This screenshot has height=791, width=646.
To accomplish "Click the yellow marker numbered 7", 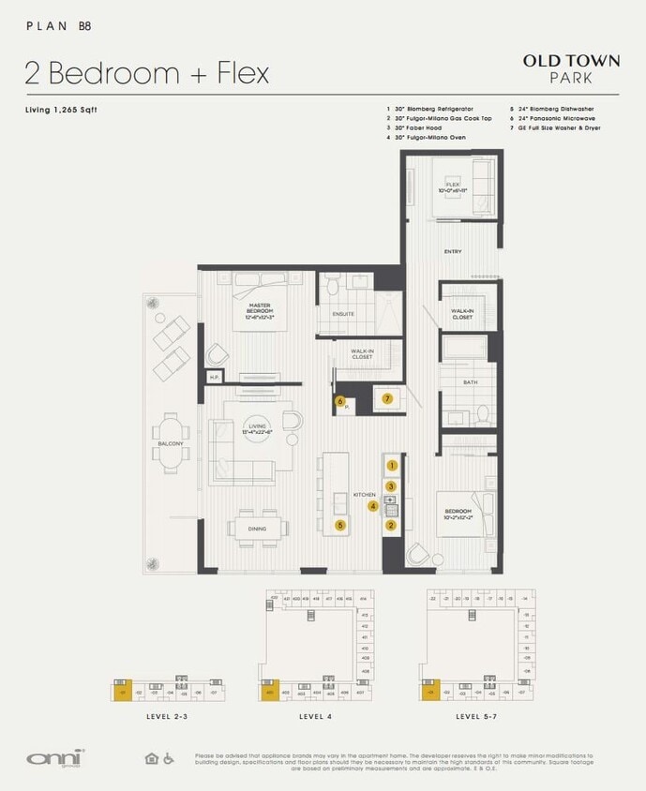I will [387, 398].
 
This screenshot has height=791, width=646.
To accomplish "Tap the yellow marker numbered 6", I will [339, 401].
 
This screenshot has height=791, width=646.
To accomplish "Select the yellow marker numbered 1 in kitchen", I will [392, 465].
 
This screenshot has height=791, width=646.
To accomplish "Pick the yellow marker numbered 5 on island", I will [339, 526].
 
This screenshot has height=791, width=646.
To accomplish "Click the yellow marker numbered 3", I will [392, 485].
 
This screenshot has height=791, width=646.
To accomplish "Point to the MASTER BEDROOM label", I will [260, 308].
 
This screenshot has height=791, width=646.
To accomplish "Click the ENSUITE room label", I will [343, 314].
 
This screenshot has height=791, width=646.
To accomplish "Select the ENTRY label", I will [453, 252].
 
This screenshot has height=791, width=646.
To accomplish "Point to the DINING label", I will [256, 530].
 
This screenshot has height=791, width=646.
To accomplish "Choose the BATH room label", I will [471, 382].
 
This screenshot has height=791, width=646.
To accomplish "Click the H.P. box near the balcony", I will [214, 377].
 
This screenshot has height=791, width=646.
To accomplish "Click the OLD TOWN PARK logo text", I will [571, 68].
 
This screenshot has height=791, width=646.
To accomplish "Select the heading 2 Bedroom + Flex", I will [147, 72].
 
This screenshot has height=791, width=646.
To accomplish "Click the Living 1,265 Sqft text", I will [61, 111].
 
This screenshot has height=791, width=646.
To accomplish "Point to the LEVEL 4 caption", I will [314, 716].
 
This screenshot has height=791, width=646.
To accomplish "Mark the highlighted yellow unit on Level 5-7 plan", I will [430, 691].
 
